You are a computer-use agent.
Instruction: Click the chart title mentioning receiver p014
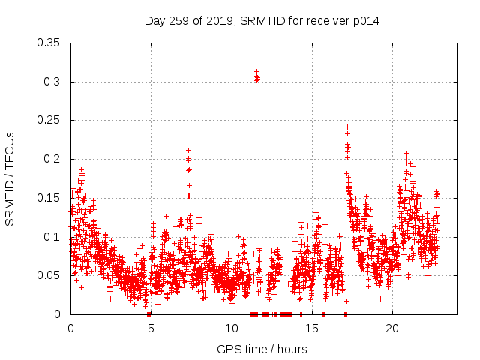pyautogui.click(x=262, y=21)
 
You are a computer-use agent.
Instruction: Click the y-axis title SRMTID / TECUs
pyautogui.click(x=10, y=178)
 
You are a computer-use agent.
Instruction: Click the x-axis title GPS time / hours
pyautogui.click(x=262, y=349)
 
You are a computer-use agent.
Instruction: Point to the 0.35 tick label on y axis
pyautogui.click(x=49, y=43)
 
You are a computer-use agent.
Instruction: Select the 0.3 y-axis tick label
pyautogui.click(x=52, y=82)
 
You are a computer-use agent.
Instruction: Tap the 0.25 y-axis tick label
pyautogui.click(x=49, y=120)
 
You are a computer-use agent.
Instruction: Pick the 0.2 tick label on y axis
pyautogui.click(x=52, y=159)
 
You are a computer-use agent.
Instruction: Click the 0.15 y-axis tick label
pyautogui.click(x=49, y=198)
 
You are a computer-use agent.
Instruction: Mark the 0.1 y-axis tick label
pyautogui.click(x=52, y=236)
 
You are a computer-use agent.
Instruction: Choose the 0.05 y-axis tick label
pyautogui.click(x=49, y=275)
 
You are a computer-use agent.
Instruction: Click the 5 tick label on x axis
pyautogui.click(x=151, y=328)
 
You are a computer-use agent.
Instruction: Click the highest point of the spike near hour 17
pyautogui.click(x=347, y=127)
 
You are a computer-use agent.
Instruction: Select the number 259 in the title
pyautogui.click(x=177, y=21)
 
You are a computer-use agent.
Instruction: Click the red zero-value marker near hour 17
pyautogui.click(x=346, y=314)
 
